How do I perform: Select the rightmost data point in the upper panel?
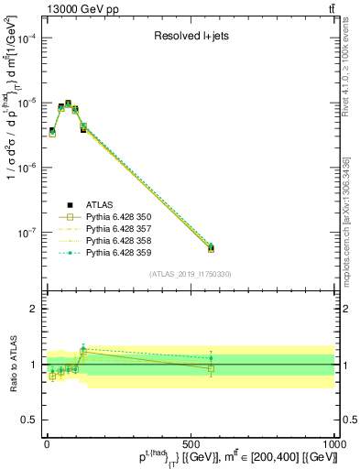210,246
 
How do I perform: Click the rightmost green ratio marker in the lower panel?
211,358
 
